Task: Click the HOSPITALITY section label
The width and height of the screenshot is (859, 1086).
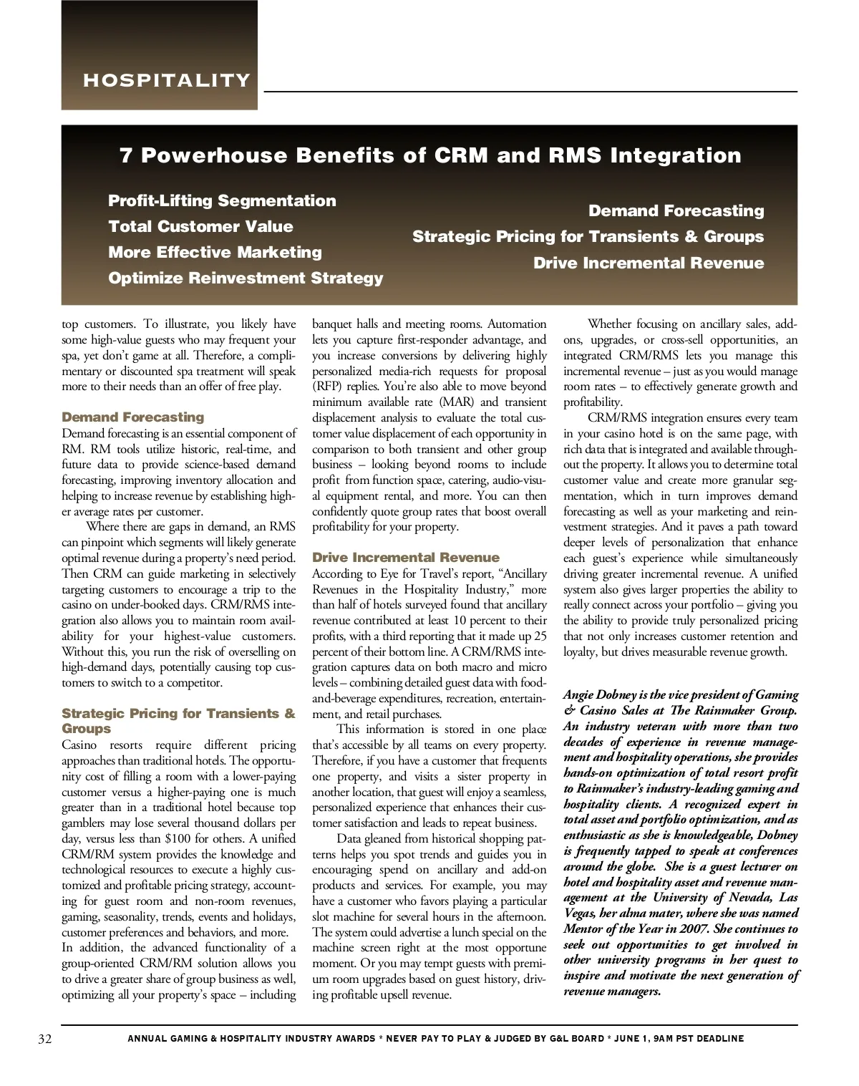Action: tap(167, 80)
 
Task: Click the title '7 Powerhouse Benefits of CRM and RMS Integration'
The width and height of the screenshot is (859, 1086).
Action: tap(430, 155)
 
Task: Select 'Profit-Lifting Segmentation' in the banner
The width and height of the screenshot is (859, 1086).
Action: tap(222, 200)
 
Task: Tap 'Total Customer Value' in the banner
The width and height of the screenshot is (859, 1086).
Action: tap(200, 226)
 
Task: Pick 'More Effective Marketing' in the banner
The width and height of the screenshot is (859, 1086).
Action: tap(215, 252)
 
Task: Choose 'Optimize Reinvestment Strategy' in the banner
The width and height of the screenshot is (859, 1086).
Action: tap(246, 278)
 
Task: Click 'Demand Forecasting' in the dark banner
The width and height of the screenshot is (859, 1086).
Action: tap(676, 210)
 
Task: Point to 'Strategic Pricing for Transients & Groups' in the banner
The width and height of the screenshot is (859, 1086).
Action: tap(588, 236)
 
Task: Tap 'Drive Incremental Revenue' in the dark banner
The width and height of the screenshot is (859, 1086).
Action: tap(648, 263)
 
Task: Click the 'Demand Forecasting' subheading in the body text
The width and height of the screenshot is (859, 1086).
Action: tap(132, 417)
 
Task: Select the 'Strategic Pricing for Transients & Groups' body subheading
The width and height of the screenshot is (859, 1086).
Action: tap(178, 721)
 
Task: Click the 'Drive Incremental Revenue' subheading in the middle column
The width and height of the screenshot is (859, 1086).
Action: tap(405, 558)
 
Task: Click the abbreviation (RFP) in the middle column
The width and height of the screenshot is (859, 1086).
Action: tap(327, 387)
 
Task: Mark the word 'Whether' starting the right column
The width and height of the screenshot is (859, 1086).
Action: tap(609, 324)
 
